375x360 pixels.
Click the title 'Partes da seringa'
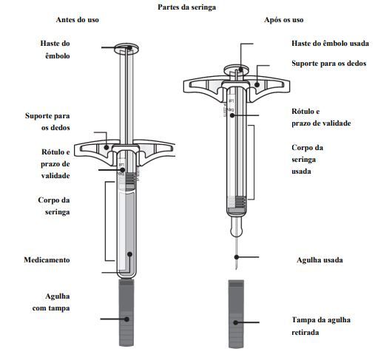coord(186,6)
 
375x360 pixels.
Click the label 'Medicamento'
coord(47,259)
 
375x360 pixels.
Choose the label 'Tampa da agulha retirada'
coord(320,326)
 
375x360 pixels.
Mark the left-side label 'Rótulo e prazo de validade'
coord(55,163)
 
